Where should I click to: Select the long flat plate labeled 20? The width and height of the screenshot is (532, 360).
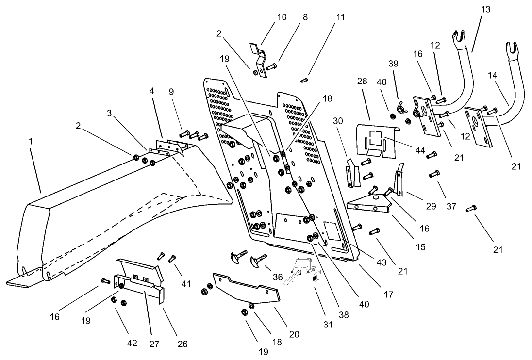(x=247, y=291)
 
